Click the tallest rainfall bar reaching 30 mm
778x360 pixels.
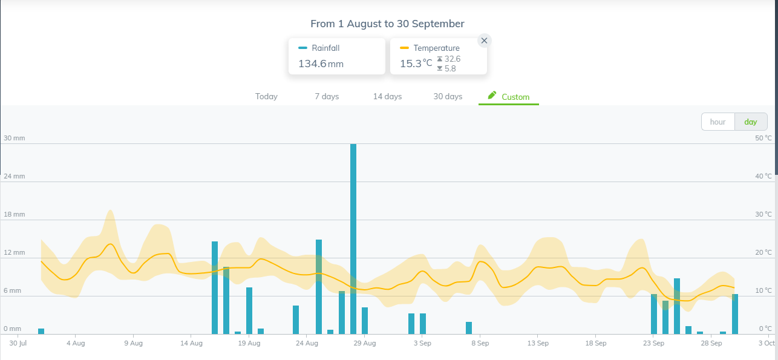click(353, 239)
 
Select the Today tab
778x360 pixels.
click(266, 96)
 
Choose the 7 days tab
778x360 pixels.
click(327, 96)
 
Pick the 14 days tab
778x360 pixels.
click(387, 96)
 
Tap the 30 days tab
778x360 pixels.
click(448, 96)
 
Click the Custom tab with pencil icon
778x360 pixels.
click(509, 97)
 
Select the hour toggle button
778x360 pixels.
click(718, 122)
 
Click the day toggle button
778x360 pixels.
click(751, 122)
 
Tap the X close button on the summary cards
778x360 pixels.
click(484, 41)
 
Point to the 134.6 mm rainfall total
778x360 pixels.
click(321, 64)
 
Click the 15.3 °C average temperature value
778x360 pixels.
click(416, 64)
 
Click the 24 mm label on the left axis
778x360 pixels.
click(15, 176)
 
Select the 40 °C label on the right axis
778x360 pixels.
click(763, 176)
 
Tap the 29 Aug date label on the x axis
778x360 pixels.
click(365, 343)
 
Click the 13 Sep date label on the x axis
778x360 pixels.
click(538, 343)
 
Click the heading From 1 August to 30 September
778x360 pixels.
click(387, 24)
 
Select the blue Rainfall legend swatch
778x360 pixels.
click(302, 48)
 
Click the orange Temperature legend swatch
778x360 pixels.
click(404, 48)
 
